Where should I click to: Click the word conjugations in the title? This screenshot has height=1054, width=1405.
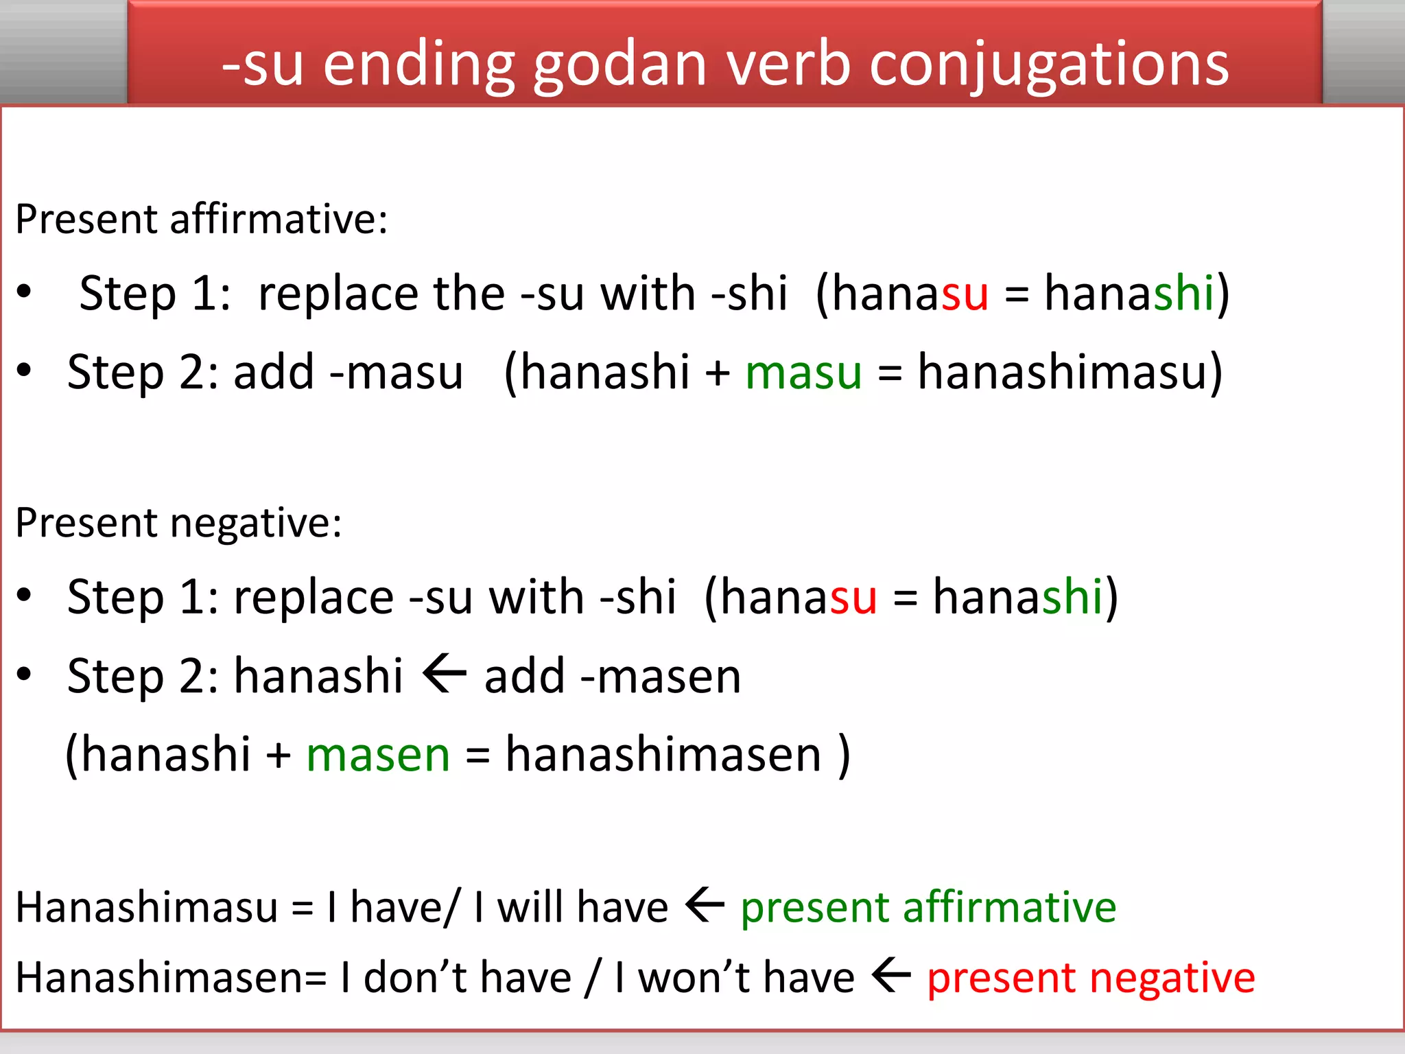tap(1049, 65)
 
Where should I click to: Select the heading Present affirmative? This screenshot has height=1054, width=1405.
tap(202, 220)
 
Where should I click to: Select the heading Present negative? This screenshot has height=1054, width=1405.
tap(178, 524)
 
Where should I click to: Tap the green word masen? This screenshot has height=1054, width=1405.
tap(378, 756)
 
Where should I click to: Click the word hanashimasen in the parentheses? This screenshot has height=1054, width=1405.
tap(663, 756)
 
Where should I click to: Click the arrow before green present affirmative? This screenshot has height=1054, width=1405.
tap(705, 905)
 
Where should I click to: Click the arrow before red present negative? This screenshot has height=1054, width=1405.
tap(891, 975)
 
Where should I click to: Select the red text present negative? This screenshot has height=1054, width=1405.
tap(1091, 978)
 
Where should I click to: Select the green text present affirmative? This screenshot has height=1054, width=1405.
tap(928, 908)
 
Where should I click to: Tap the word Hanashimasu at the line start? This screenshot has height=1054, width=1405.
tap(146, 908)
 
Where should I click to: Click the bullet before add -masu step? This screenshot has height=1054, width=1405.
tap(25, 371)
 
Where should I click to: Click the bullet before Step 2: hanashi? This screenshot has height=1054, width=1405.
tap(25, 675)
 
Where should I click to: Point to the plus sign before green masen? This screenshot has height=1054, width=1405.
tap(279, 756)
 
